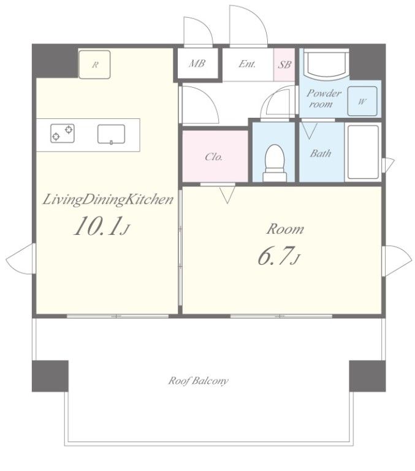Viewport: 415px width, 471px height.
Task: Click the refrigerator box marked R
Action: coord(94,64)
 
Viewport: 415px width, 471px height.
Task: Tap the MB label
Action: coord(197,63)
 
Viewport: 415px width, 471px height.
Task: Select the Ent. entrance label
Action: coord(247,64)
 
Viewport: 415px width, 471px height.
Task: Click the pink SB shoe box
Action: coord(284,64)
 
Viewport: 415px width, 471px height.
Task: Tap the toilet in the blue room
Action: coord(275,163)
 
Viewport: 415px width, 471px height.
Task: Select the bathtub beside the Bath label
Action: coord(363,152)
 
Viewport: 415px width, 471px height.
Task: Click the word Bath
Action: coord(321,153)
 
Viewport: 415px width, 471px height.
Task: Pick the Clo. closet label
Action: coord(214,157)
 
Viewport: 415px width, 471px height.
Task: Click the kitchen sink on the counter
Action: coord(111,134)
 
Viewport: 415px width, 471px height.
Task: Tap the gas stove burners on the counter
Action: coord(63,133)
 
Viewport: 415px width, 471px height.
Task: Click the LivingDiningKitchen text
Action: coord(108,200)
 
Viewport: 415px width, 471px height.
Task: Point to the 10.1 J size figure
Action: coord(102,226)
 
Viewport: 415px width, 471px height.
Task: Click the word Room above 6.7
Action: coord(285,229)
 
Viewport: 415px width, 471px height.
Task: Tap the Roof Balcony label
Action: coord(198,381)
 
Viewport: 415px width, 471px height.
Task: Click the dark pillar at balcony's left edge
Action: coord(50,376)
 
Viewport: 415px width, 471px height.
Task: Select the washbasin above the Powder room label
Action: coord(326,64)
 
